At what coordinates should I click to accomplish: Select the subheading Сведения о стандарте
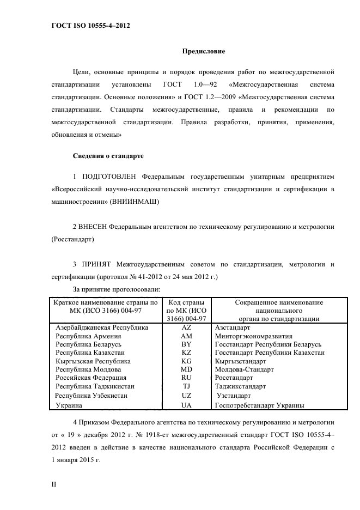pyautogui.click(x=108, y=156)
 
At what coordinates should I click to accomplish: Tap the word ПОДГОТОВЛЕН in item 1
pyautogui.click(x=109, y=178)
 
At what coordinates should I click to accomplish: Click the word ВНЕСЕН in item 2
pyautogui.click(x=93, y=226)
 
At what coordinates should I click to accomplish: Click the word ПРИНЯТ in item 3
pyautogui.click(x=96, y=265)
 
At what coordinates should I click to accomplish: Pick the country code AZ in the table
pyautogui.click(x=186, y=328)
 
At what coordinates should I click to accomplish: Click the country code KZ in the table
pyautogui.click(x=186, y=353)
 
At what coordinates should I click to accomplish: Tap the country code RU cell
pyautogui.click(x=186, y=377)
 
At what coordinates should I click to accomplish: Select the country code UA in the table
pyautogui.click(x=186, y=405)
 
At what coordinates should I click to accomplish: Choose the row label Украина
pyautogui.click(x=69, y=405)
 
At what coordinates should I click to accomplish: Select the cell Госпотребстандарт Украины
pyautogui.click(x=260, y=405)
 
